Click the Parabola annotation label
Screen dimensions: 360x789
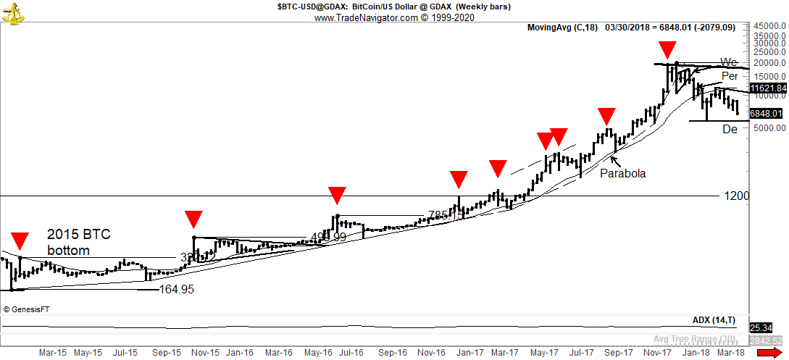click(x=622, y=173)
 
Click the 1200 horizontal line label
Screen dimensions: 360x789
click(x=736, y=196)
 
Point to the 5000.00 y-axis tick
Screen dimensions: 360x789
click(x=769, y=127)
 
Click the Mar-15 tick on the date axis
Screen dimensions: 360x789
click(x=52, y=353)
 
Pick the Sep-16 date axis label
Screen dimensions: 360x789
click(x=394, y=353)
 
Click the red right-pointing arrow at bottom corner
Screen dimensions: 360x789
click(x=769, y=353)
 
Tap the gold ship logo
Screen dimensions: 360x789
click(x=12, y=12)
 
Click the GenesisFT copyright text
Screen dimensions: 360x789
click(x=26, y=309)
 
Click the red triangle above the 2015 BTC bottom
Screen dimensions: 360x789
click(x=20, y=240)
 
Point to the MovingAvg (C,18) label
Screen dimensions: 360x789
click(x=562, y=28)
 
